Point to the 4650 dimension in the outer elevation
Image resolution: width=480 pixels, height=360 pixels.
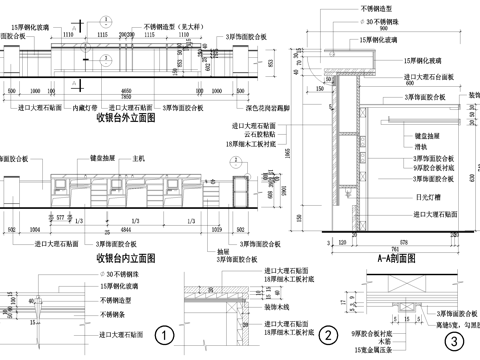[x=124, y=89]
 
